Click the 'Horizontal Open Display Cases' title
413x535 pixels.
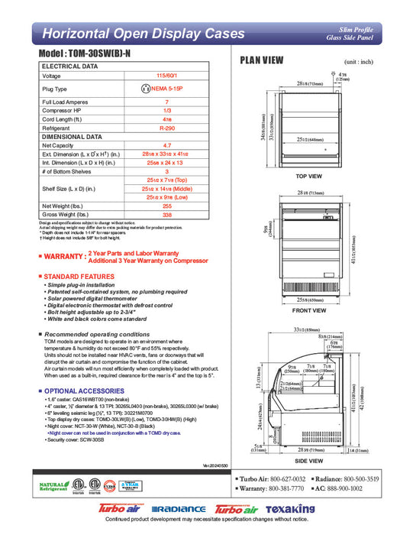click(x=144, y=34)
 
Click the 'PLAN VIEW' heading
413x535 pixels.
click(x=263, y=60)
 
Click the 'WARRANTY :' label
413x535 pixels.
click(x=63, y=256)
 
